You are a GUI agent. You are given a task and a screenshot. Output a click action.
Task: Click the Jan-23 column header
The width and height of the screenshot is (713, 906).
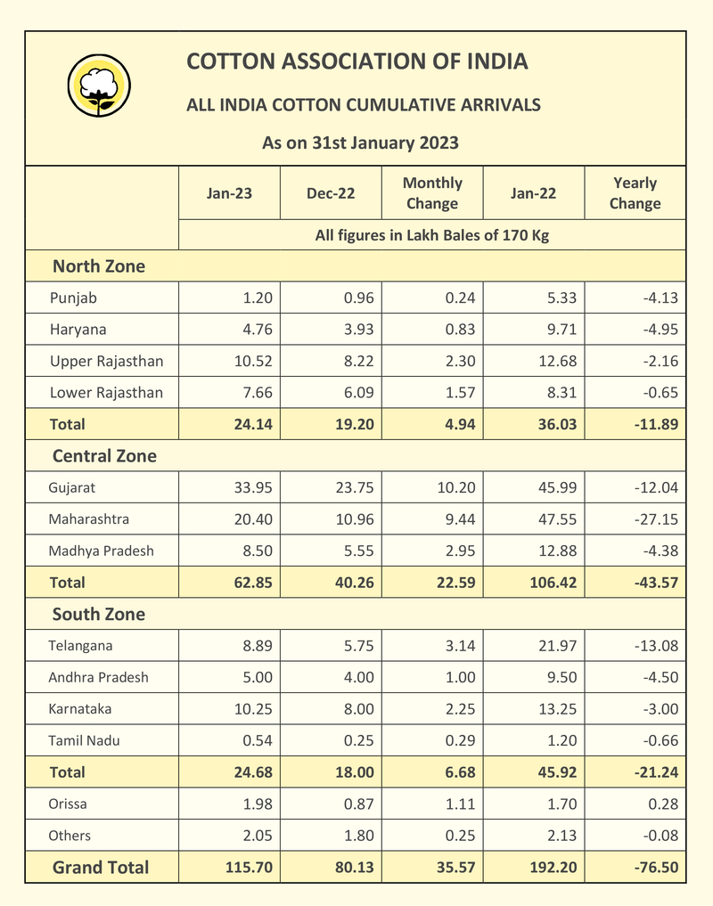coord(229,192)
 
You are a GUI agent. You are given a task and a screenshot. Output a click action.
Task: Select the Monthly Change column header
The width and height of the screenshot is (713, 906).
coord(432,192)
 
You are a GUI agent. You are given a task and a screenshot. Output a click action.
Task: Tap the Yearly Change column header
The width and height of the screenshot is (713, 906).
coord(635,192)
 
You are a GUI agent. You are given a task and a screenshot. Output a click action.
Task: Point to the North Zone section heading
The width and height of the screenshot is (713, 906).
coord(98,266)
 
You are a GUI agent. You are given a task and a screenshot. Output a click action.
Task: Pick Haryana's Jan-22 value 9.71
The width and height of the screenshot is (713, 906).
coord(559,330)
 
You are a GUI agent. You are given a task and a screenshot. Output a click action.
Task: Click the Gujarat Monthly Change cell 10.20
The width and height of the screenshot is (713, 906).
coord(456,487)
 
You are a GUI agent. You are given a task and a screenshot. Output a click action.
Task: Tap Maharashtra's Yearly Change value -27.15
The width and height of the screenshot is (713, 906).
coord(655,519)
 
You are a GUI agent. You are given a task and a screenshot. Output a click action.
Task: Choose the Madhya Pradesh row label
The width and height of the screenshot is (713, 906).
coord(101,551)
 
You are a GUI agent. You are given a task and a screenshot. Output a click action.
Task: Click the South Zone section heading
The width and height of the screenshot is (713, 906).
coord(98,615)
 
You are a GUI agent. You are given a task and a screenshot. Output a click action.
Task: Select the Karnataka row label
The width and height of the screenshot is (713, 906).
coord(80,709)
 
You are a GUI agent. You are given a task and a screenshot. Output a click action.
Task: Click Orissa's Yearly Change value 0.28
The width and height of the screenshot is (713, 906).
coord(663,804)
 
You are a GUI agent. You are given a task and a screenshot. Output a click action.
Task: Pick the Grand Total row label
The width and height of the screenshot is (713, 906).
coord(101,868)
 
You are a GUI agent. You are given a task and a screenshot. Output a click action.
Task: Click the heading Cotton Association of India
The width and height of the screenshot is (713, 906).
coord(356,61)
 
